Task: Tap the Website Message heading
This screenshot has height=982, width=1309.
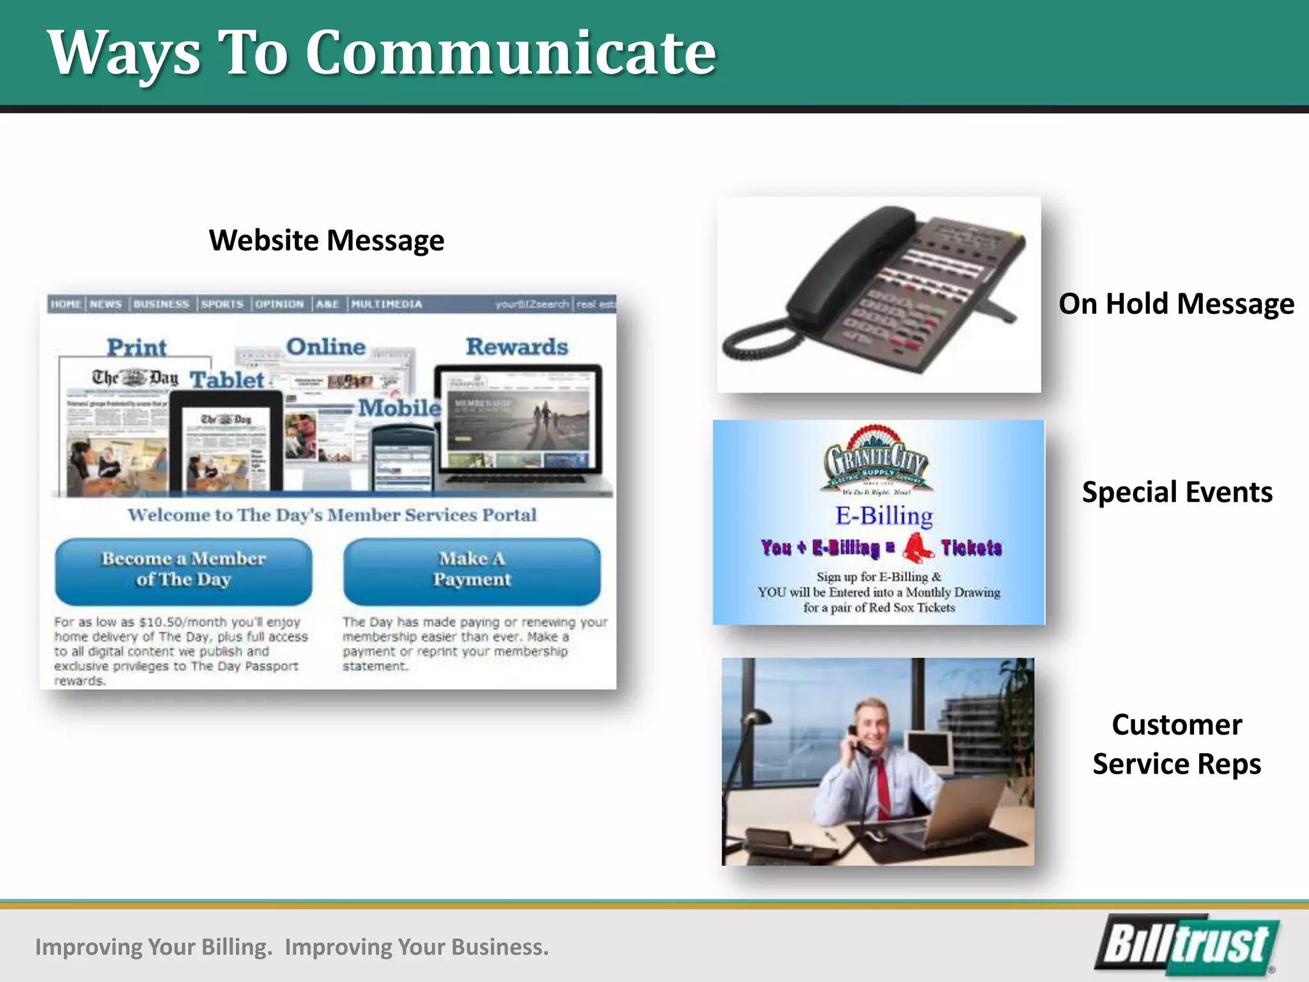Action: click(326, 240)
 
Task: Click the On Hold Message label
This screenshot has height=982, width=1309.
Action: click(1176, 304)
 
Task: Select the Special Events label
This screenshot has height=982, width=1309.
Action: click(1177, 492)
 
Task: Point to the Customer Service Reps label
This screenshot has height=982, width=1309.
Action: click(1177, 744)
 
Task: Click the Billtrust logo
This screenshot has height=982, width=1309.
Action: click(1187, 944)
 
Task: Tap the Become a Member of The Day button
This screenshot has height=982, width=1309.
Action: click(183, 570)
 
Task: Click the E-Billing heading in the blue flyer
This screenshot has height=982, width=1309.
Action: click(884, 516)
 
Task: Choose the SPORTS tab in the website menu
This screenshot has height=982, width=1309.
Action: click(222, 304)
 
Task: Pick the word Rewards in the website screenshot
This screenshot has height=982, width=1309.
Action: click(516, 347)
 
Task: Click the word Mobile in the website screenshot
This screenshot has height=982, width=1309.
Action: click(399, 408)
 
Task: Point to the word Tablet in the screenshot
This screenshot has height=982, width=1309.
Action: click(227, 380)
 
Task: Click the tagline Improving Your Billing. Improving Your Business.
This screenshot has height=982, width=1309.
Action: click(292, 947)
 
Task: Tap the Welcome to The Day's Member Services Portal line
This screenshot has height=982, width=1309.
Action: click(332, 515)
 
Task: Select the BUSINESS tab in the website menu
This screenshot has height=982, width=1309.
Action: click(161, 304)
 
